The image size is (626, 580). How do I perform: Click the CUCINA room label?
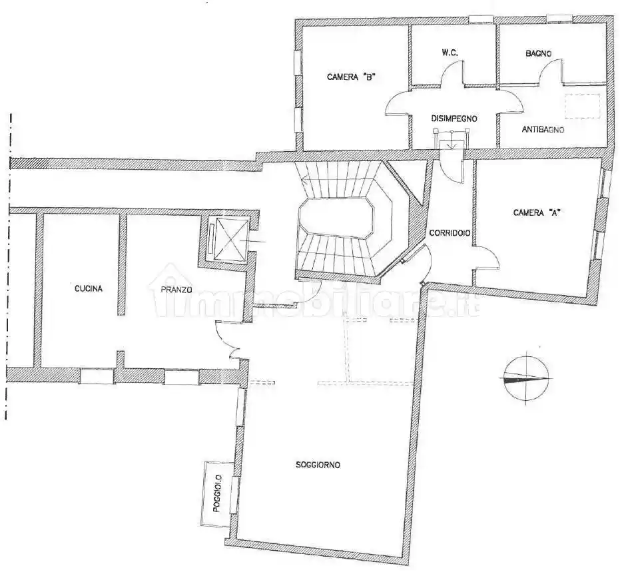coord(89,288)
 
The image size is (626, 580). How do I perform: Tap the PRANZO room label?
coord(176,290)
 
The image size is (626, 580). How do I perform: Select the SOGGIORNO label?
coord(318,465)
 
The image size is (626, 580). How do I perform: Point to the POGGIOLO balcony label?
coord(217,493)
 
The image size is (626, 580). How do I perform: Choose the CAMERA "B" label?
coord(350,77)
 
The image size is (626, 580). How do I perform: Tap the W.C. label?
coord(450,53)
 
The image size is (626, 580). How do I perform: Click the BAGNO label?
coord(539,53)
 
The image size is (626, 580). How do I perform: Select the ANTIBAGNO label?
coord(543,130)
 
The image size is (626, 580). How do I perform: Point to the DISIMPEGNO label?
coord(454,119)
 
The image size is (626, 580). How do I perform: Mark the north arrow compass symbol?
coord(526,378)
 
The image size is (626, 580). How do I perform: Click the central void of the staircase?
coord(336,218)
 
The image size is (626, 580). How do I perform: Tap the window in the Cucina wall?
coord(97,376)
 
